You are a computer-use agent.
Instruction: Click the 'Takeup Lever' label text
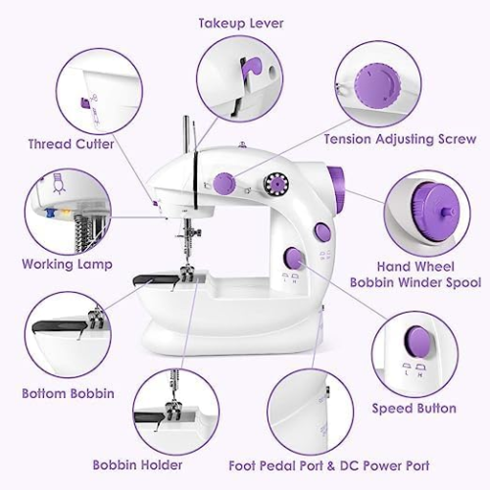tap(241, 23)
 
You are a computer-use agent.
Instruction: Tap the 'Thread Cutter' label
tap(72, 143)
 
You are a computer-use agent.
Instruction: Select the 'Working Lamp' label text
tap(67, 264)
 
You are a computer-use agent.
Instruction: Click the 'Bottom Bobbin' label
tap(68, 393)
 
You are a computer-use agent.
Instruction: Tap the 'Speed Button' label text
tap(413, 408)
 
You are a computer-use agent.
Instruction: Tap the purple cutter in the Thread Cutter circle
tap(84, 101)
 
